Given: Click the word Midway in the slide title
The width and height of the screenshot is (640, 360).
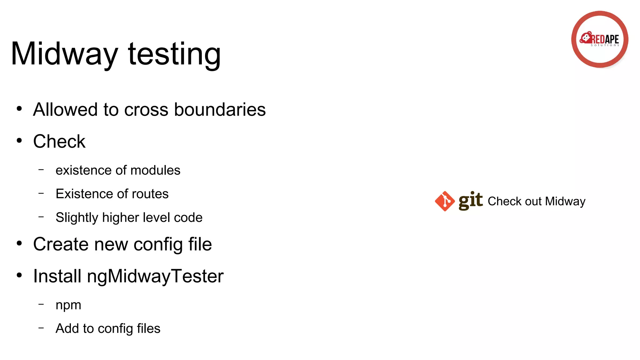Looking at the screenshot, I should [x=64, y=54].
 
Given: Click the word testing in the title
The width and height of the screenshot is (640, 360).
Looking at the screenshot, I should [x=174, y=54].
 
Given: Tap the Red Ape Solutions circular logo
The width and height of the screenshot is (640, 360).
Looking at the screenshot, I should [x=599, y=39].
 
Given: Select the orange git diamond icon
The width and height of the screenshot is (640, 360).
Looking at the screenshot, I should [x=445, y=201].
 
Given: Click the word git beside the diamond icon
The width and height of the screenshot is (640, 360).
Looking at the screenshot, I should [x=470, y=200].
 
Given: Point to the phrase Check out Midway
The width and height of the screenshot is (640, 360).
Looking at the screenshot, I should [x=536, y=202].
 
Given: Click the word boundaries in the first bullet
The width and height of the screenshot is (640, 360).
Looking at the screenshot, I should [x=220, y=110].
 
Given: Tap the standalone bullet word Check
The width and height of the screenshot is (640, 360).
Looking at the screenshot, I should [x=59, y=142].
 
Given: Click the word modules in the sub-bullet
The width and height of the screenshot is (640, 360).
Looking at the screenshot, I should [x=155, y=170].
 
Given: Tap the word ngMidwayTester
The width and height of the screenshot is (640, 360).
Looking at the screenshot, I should [x=155, y=277].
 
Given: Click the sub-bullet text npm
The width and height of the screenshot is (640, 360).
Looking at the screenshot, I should [x=68, y=305].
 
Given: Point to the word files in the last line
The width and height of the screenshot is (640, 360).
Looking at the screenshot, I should [x=148, y=328].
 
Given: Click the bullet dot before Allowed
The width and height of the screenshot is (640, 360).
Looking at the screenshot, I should [x=19, y=109].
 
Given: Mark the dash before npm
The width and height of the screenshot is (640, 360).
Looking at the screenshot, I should [x=41, y=304].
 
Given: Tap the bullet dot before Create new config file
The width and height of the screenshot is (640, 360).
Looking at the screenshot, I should [x=19, y=243].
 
